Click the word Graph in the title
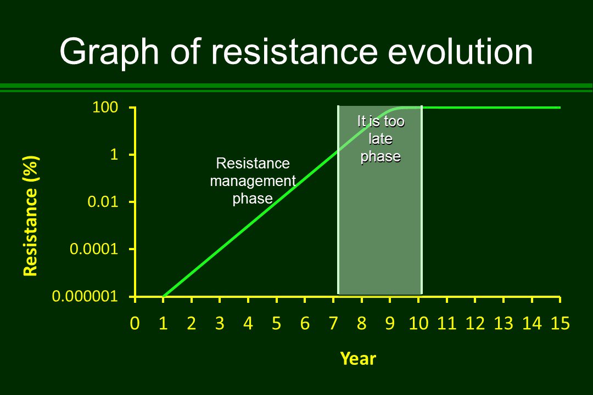[x=105, y=53]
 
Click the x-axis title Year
[x=358, y=359]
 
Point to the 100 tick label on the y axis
[x=105, y=108]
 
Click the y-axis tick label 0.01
[x=103, y=202]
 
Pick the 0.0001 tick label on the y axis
[x=94, y=250]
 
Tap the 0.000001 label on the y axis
[x=85, y=297]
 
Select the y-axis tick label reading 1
[x=114, y=155]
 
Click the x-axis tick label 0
[x=134, y=324]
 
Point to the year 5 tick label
[x=276, y=324]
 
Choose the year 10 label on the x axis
[x=418, y=324]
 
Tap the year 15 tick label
[x=560, y=324]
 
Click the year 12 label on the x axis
[x=474, y=324]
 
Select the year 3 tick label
[x=220, y=324]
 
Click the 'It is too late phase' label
[x=380, y=139]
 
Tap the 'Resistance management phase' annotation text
[x=253, y=180]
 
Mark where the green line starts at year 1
[x=164, y=296]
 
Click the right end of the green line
[x=560, y=108]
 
